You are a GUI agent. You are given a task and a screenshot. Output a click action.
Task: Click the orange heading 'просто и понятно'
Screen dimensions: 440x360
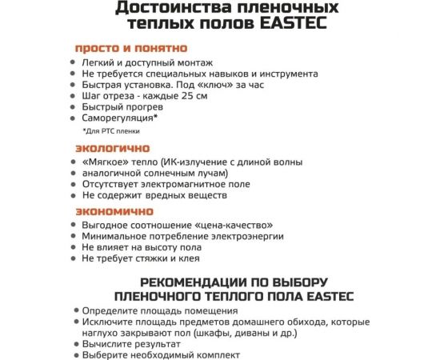pos(131,48)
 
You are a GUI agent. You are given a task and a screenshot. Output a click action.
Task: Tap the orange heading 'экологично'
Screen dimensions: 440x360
pos(107,150)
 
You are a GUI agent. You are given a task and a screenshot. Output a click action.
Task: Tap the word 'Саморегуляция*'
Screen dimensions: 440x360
pos(120,118)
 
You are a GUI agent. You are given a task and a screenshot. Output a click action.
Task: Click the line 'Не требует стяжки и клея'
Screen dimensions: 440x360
pos(141,258)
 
